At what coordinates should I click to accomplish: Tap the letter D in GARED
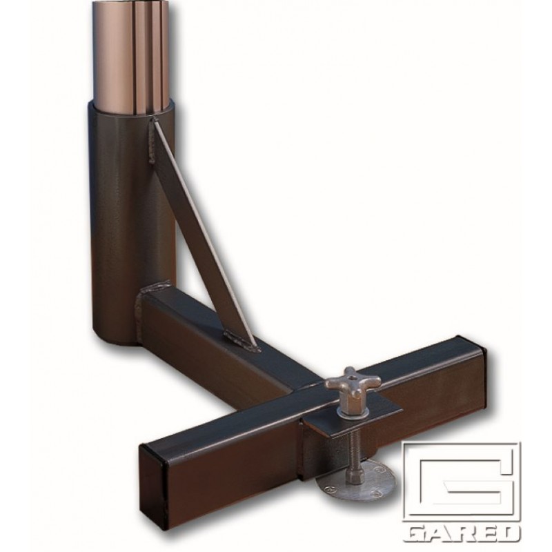coord(524,533)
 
